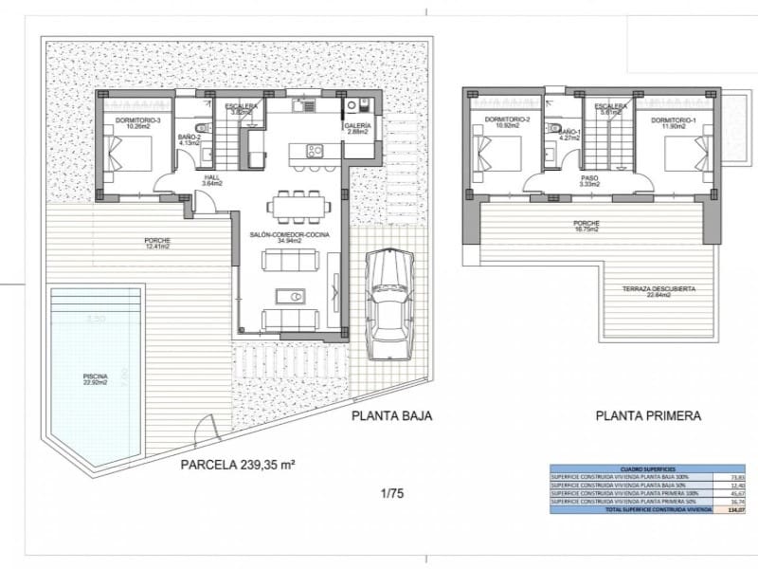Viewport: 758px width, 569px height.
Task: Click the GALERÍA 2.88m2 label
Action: click(x=357, y=129)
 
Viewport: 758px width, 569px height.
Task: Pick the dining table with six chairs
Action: click(x=298, y=204)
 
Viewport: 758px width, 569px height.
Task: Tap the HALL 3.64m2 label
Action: click(x=213, y=180)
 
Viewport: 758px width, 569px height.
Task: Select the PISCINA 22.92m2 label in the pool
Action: click(x=96, y=380)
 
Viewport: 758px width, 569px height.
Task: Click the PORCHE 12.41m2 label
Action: click(x=156, y=243)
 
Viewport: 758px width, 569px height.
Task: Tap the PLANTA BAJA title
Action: click(x=391, y=415)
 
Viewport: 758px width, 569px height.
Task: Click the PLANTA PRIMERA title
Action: click(x=648, y=415)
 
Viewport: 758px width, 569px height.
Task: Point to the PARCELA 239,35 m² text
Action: click(x=238, y=465)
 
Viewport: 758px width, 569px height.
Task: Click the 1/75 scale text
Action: click(x=390, y=492)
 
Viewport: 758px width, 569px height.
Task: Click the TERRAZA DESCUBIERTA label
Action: click(x=659, y=291)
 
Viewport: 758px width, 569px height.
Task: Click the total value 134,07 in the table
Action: click(x=731, y=509)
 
